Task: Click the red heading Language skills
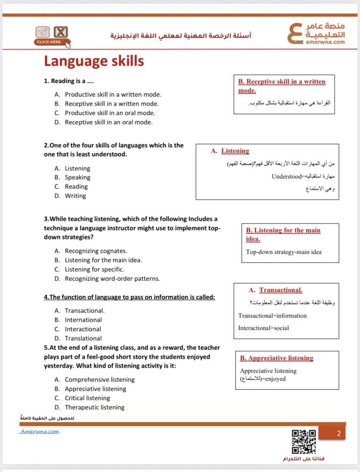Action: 94,61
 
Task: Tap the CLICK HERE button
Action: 49,42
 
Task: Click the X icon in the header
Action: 60,32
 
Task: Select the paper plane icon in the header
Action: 43,32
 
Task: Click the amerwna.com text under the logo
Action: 325,42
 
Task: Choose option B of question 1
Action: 111,104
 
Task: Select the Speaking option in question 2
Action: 77,177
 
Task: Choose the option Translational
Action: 83,338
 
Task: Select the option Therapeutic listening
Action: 94,407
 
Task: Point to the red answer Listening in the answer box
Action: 235,151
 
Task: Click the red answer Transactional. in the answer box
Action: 280,290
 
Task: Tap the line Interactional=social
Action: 264,328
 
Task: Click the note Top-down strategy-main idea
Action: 284,252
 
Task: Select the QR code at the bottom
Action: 303,441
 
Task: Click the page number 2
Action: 338,433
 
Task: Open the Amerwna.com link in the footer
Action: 40,431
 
